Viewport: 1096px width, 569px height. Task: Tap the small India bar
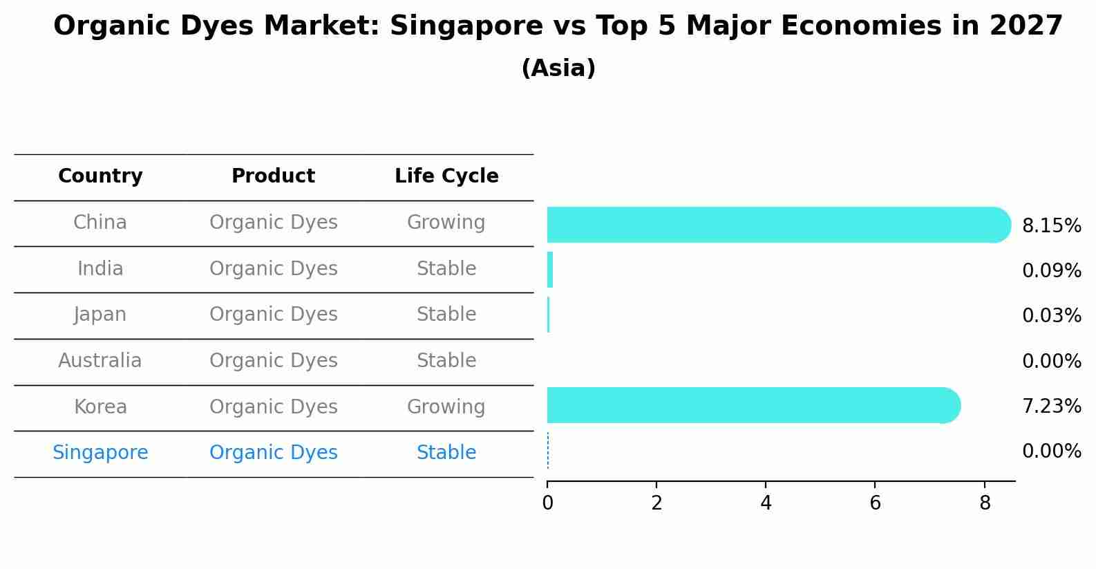point(550,270)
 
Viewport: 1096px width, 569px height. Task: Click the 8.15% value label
point(1051,226)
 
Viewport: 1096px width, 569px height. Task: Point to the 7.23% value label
point(1051,407)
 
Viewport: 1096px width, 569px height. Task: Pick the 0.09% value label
point(1051,271)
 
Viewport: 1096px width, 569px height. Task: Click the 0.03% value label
point(1051,316)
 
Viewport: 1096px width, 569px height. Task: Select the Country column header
point(100,176)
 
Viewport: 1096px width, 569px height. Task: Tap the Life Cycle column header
point(446,176)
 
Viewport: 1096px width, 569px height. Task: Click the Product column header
point(273,176)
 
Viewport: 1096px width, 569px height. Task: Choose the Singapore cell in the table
point(100,453)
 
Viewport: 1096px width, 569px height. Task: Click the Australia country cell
point(100,361)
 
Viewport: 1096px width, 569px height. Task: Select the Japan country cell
point(100,315)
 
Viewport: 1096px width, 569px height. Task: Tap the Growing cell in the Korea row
point(446,407)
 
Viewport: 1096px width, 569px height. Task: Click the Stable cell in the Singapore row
point(446,453)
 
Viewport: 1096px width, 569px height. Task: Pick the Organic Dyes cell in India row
point(273,269)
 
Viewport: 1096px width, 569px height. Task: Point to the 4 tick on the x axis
point(766,503)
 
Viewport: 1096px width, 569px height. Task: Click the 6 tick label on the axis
point(875,503)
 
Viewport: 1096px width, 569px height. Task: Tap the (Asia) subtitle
point(558,68)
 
